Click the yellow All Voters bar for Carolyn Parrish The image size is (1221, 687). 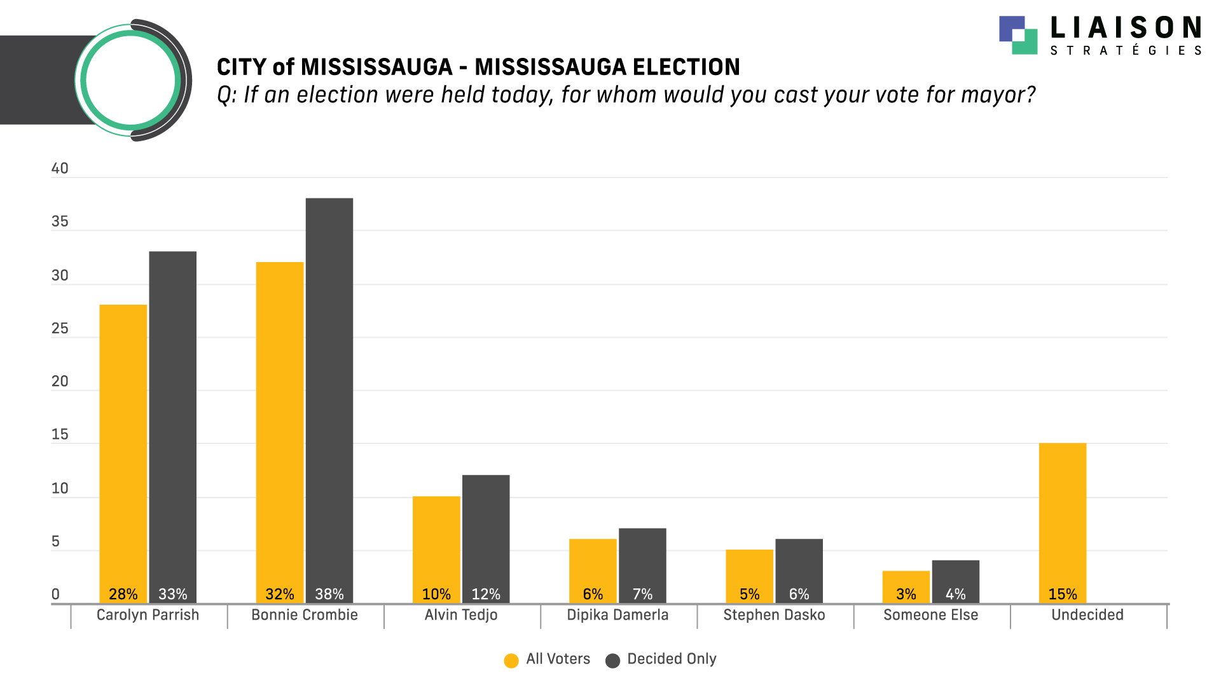click(x=123, y=445)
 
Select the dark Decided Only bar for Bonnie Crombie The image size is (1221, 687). click(x=329, y=394)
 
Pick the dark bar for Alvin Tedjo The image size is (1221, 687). click(x=486, y=534)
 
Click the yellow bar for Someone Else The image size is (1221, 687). click(x=906, y=582)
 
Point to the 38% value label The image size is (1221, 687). click(x=329, y=594)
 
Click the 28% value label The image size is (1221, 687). click(x=123, y=594)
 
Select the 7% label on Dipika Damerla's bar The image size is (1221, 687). click(x=642, y=594)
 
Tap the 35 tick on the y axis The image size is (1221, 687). click(x=60, y=221)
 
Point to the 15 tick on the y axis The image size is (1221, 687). click(x=60, y=434)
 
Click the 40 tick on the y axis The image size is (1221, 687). click(x=60, y=169)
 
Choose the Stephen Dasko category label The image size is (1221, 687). click(x=774, y=615)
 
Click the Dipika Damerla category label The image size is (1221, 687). click(x=617, y=615)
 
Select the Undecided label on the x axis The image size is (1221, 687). click(x=1087, y=615)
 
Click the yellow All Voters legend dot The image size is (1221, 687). click(x=511, y=661)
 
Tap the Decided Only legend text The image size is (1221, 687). click(x=672, y=659)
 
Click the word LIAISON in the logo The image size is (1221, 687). click(x=1126, y=29)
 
